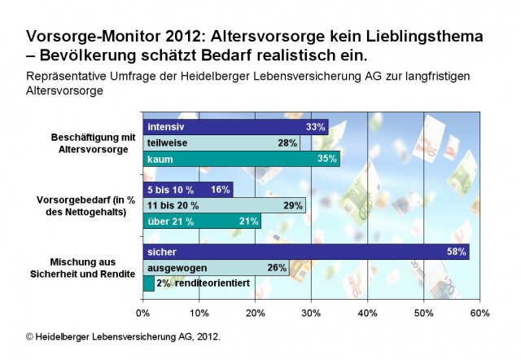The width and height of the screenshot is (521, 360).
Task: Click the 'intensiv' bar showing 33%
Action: (x=235, y=127)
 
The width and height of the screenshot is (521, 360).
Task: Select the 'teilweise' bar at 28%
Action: (x=221, y=143)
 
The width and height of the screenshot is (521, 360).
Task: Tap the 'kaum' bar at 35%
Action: (x=241, y=159)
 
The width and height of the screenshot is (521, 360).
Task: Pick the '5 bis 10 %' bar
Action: (x=188, y=189)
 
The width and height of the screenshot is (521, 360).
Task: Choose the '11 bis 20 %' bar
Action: (x=225, y=205)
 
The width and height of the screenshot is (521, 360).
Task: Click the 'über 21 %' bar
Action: (x=202, y=221)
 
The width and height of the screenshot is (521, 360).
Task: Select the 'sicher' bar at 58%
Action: (x=306, y=252)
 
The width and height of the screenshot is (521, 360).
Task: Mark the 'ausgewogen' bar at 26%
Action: (x=216, y=267)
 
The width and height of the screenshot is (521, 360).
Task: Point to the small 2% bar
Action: (x=148, y=283)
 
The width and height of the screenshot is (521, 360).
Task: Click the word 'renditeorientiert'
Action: (x=210, y=283)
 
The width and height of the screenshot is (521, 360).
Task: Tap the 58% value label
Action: (x=458, y=252)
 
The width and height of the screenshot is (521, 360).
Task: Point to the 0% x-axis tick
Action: (x=143, y=313)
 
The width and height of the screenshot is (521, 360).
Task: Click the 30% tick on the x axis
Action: (x=312, y=313)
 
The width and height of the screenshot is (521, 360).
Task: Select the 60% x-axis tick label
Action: (x=479, y=313)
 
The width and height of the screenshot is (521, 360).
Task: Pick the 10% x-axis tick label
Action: (x=199, y=313)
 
